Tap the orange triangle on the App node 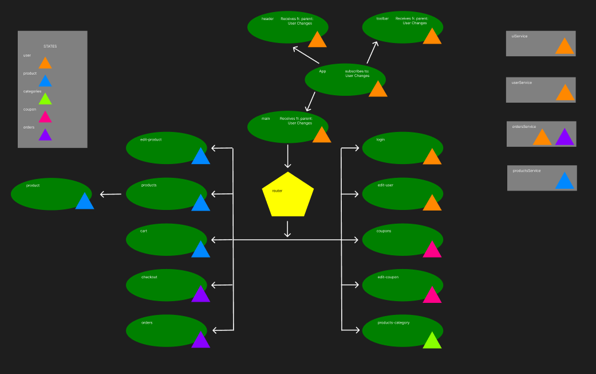pos(378,90)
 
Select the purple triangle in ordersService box pos(565,138)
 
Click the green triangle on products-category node pos(432,341)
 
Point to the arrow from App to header pos(306,55)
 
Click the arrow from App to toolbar pos(372,52)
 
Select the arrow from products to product pos(110,194)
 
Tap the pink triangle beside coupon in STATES pos(45,118)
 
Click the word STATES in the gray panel pos(50,46)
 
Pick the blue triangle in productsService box pos(565,182)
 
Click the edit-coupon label pos(388,277)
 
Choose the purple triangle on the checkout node pos(200,295)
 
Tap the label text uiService pos(520,36)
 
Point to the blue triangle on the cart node pos(200,250)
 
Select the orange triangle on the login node pos(432,158)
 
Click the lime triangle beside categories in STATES pos(45,99)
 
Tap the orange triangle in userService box pos(565,93)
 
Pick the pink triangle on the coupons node pos(432,250)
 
